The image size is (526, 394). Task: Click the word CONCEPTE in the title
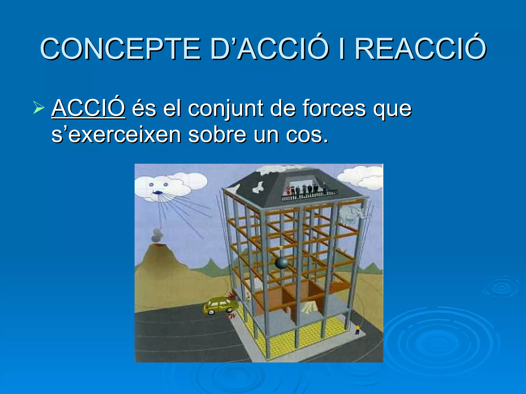point(120,49)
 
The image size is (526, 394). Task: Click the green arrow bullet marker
point(39,108)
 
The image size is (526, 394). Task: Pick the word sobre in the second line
point(217,135)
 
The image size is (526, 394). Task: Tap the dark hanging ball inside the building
point(281,263)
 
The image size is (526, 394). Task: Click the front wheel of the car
point(211,312)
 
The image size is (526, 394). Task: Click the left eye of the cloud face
point(151,184)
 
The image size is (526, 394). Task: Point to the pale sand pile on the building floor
point(309,308)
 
